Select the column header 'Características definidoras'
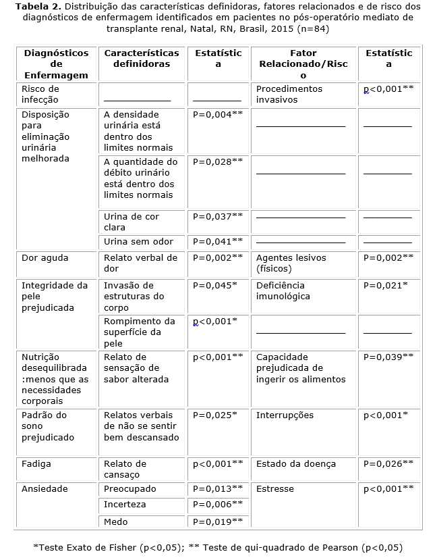pos(142,58)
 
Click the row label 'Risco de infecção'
pos(40,94)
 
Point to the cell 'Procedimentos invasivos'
pos(289,94)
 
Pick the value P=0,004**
pos(218,114)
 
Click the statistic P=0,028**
pos(218,161)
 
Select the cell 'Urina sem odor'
pos(138,241)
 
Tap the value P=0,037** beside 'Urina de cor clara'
pos(218,216)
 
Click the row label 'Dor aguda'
pos(45,257)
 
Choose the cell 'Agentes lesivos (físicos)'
pos(291,263)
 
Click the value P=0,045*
pos(215,285)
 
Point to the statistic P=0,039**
pos(388,357)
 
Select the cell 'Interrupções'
pos(285,415)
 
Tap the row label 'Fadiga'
pos(36,464)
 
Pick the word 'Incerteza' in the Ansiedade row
pos(125,505)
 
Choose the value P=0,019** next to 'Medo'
pos(218,521)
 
